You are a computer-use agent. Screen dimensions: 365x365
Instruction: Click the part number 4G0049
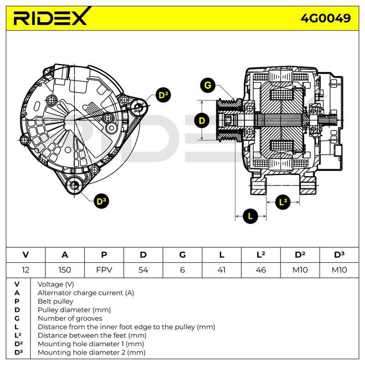pyautogui.click(x=325, y=18)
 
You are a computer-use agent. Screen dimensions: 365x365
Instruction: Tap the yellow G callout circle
pyautogui.click(x=208, y=85)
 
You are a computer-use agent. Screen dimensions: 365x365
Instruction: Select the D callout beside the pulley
pyautogui.click(x=202, y=120)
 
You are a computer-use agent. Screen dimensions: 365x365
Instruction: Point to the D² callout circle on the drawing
pyautogui.click(x=163, y=95)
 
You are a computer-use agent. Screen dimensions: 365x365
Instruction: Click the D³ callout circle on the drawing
pyautogui.click(x=101, y=201)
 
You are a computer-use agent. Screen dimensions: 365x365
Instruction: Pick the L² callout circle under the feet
pyautogui.click(x=283, y=202)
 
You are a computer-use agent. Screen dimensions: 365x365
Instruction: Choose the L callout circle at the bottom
pyautogui.click(x=250, y=216)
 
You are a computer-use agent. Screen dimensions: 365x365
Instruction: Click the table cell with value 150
pyautogui.click(x=65, y=270)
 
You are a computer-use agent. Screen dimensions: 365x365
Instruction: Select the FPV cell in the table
pyautogui.click(x=104, y=270)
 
